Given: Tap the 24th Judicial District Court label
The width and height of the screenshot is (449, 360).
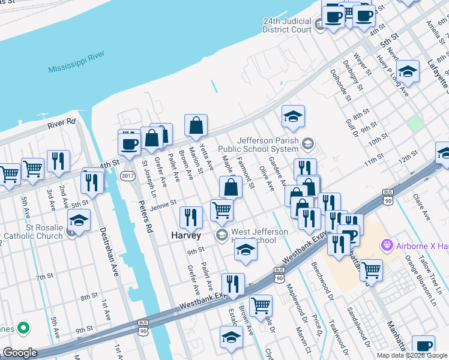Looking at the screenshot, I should (287, 25).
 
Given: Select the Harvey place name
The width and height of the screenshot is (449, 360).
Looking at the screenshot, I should (186, 235).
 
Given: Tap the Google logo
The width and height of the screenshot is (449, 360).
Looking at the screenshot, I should (19, 353).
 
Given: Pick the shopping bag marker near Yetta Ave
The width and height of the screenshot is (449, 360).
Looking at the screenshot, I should (196, 125).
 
